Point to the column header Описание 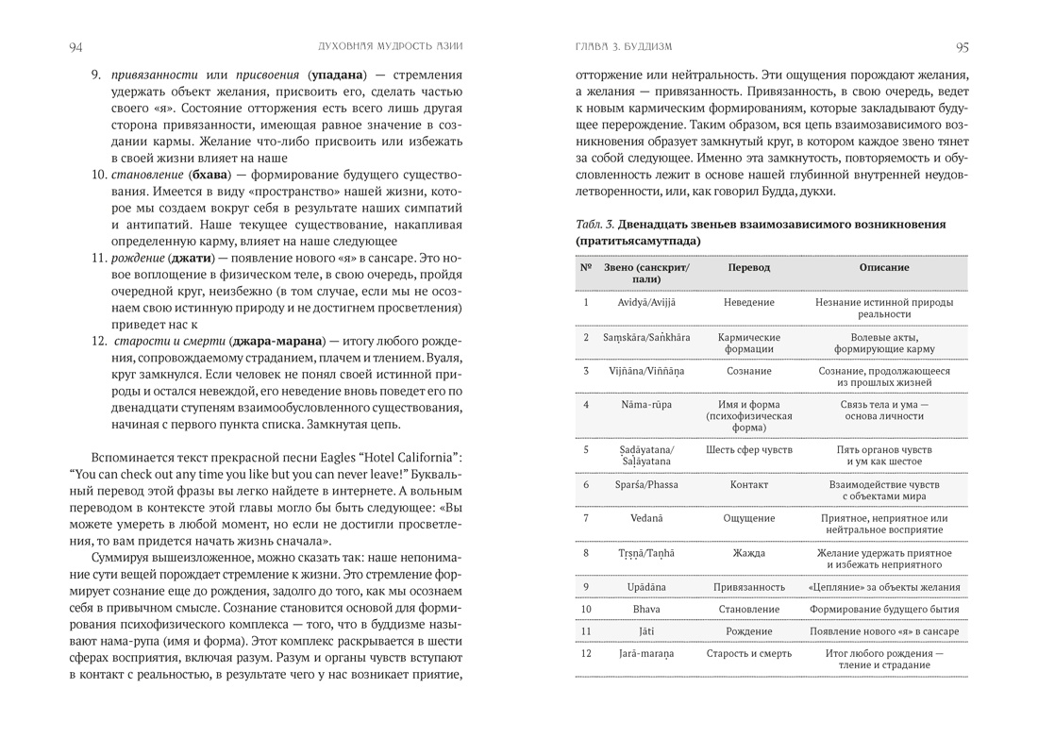point(884,267)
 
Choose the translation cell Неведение point(749,302)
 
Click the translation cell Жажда point(749,552)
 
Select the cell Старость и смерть point(749,652)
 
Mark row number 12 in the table point(586,652)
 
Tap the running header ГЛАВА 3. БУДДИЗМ point(623,47)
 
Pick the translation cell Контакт point(749,484)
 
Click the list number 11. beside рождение point(99,258)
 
